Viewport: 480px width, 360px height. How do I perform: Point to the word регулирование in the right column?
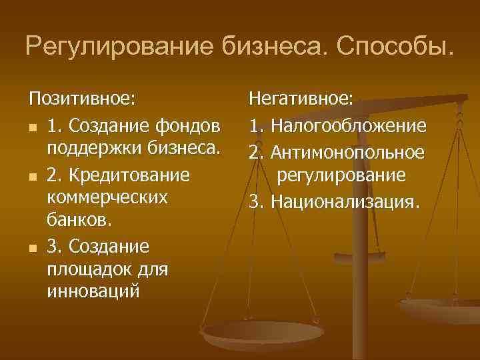point(341,175)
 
